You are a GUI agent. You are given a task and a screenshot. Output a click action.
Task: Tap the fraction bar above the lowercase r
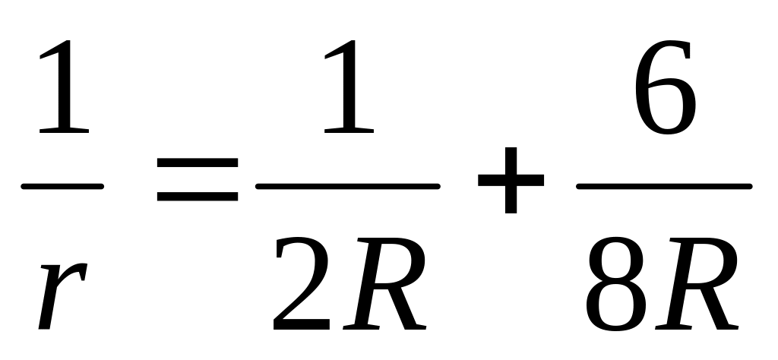(62, 185)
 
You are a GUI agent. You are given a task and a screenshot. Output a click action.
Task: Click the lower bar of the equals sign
(198, 199)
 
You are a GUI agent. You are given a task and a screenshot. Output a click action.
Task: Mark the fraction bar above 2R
(348, 185)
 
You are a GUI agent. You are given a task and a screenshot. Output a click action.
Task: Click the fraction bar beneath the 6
(664, 185)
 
